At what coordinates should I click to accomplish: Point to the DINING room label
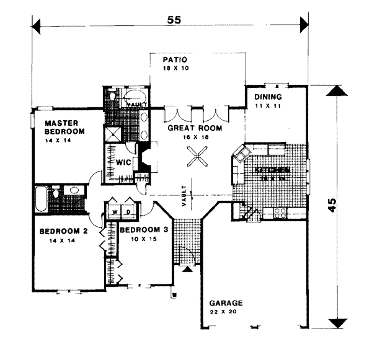coord(268,97)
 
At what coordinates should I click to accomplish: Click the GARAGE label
coord(226,303)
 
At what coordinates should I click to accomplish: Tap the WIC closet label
coord(122,162)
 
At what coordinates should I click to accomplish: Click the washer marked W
coord(115,212)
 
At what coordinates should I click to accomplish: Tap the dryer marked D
coord(128,212)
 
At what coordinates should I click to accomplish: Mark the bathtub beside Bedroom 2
coord(42,199)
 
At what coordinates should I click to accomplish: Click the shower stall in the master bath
coord(113,135)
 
